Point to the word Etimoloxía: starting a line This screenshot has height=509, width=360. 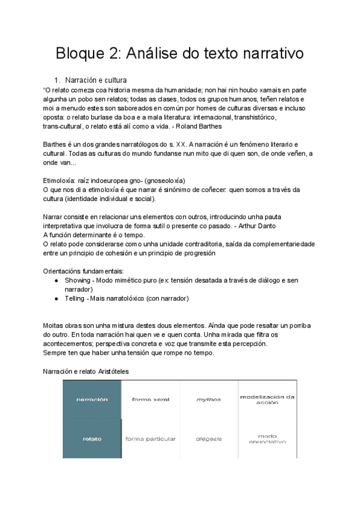[59, 181]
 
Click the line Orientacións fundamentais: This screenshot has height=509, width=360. [83, 271]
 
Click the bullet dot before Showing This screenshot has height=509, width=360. [56, 280]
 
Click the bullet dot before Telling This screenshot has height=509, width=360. [56, 298]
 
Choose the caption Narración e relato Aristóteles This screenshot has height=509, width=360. [86, 372]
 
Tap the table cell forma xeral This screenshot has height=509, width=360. [150, 399]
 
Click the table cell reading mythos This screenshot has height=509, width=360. [209, 399]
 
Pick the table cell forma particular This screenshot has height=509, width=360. [150, 439]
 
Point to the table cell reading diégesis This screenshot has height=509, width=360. [209, 439]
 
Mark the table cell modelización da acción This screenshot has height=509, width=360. [268, 399]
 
